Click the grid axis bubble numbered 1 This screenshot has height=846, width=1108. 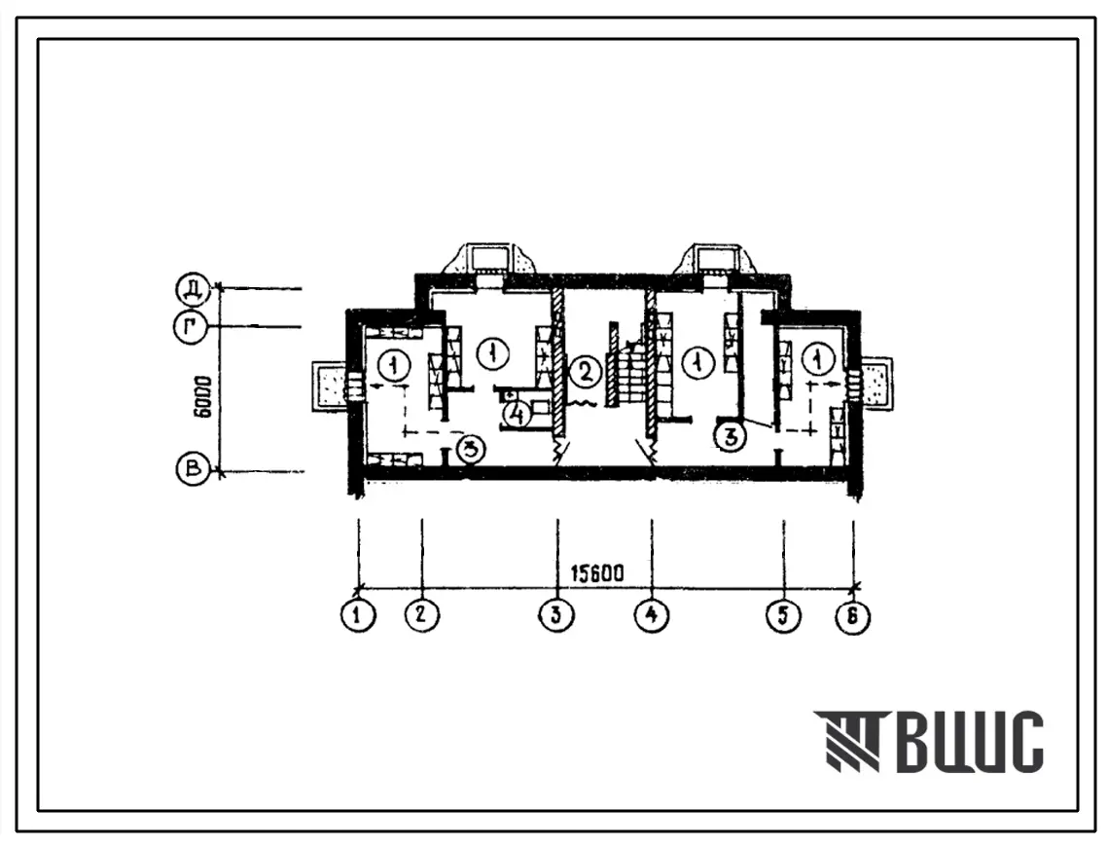[x=358, y=614]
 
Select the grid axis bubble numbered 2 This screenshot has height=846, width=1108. [x=422, y=614]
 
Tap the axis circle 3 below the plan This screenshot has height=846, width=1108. [x=556, y=614]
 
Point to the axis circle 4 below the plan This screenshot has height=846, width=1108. [x=652, y=614]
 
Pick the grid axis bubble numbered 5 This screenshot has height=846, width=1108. [x=783, y=614]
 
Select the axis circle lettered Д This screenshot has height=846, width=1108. [x=192, y=289]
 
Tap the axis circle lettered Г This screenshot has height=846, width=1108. [x=190, y=327]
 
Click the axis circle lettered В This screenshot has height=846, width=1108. [x=193, y=469]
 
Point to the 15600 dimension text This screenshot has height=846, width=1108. [x=597, y=573]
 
